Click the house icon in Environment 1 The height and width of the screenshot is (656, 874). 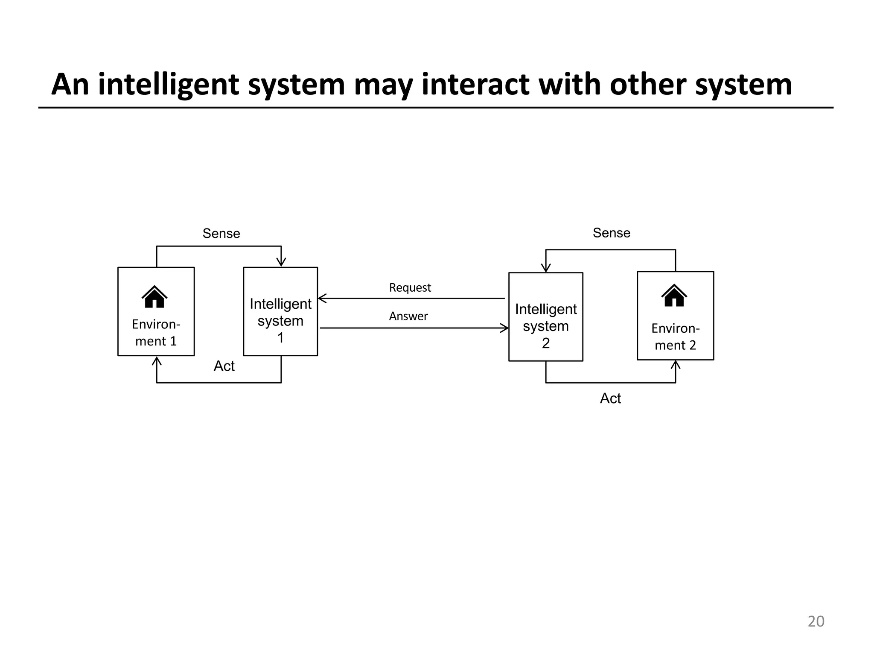(x=154, y=297)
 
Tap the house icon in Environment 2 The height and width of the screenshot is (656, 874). (x=674, y=296)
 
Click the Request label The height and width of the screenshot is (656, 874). (x=410, y=287)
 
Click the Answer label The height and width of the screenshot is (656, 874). (x=408, y=316)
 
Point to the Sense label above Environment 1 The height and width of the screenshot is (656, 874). (x=221, y=233)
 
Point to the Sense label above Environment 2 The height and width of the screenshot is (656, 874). (x=611, y=233)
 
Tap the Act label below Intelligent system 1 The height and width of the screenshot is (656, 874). (x=224, y=366)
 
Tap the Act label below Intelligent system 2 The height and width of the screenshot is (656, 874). (x=610, y=398)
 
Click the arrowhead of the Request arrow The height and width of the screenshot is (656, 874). (x=322, y=298)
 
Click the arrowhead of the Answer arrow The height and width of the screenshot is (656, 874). (x=504, y=328)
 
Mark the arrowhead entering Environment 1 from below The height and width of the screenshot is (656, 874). (x=157, y=361)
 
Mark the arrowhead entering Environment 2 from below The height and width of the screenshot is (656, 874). (x=676, y=365)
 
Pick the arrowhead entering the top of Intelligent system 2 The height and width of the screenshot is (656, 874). (x=546, y=268)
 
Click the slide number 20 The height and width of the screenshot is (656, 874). (x=816, y=621)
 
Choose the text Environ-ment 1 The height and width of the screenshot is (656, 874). (x=156, y=332)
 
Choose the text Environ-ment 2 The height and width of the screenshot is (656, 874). (x=675, y=337)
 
